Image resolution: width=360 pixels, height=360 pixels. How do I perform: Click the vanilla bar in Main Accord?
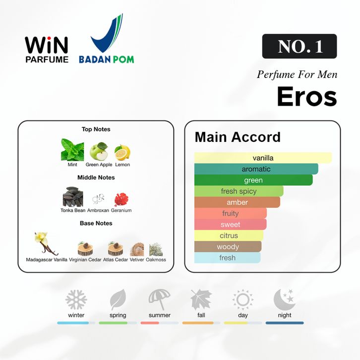(263, 158)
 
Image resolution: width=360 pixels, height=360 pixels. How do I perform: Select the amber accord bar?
(237, 202)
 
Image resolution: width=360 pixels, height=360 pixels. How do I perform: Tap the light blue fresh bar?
(227, 257)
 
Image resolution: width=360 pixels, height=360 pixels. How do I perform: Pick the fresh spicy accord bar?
(239, 191)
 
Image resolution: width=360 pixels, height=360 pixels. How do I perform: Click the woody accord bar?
(228, 246)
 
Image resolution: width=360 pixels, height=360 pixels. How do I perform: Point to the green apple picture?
(99, 151)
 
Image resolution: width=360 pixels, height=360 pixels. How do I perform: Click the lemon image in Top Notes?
(122, 152)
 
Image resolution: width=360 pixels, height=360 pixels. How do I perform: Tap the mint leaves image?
(72, 150)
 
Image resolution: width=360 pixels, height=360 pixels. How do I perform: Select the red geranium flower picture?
(121, 199)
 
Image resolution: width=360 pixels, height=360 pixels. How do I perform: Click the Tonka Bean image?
(73, 197)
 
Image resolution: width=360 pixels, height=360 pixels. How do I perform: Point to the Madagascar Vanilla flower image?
(46, 244)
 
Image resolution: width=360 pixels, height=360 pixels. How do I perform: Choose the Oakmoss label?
(156, 260)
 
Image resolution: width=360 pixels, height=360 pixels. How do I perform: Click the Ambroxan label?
(98, 210)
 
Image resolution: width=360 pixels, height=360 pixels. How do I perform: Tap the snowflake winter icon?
(76, 300)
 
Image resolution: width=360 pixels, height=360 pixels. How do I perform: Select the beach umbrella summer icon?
(159, 299)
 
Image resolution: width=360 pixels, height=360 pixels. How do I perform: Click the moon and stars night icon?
(285, 299)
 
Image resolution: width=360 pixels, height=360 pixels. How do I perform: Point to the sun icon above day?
(242, 300)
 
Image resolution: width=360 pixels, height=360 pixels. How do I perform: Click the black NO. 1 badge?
(300, 46)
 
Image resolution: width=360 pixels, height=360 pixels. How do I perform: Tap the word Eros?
(307, 96)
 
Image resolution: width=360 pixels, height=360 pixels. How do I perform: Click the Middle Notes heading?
(96, 178)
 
